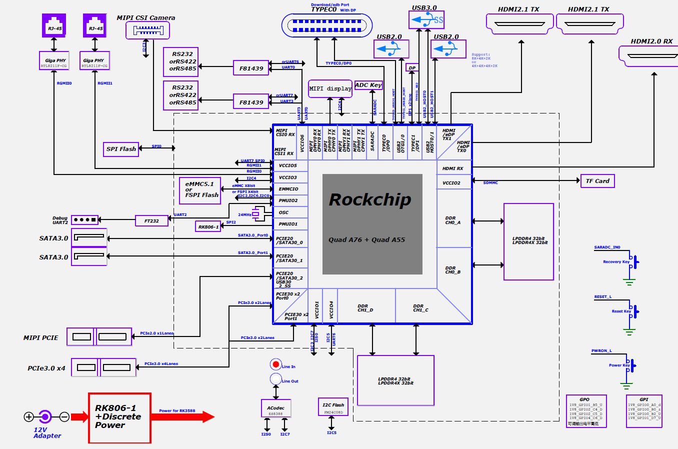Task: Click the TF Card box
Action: pos(597,181)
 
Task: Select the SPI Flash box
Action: pos(121,149)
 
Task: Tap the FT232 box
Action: pos(151,220)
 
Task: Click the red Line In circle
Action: pos(275,364)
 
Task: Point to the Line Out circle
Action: pos(275,379)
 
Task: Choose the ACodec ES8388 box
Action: pos(275,408)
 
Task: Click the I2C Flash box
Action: pos(333,407)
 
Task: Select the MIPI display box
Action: pos(330,88)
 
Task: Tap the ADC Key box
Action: pos(368,85)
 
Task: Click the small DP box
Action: pos(412,68)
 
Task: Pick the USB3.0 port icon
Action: pos(426,20)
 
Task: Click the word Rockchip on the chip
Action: pos(370,200)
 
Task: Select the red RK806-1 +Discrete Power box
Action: pos(120,418)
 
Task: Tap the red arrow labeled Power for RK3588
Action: pos(182,416)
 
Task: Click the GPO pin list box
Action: pos(586,411)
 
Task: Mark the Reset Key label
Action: pos(621,311)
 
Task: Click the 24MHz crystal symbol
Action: pos(256,214)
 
